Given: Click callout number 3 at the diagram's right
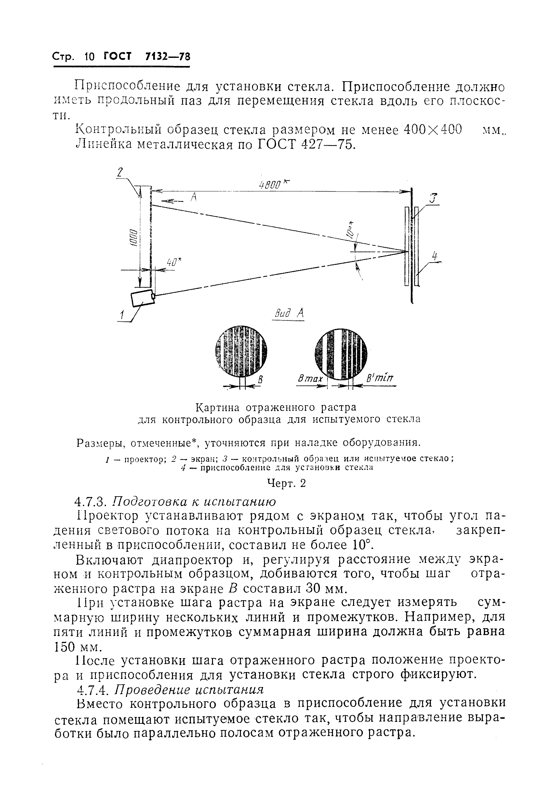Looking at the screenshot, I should tap(433, 199).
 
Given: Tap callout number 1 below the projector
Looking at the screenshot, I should tap(122, 315).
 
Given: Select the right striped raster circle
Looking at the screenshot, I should tap(341, 354).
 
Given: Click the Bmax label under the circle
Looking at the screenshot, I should tap(310, 379).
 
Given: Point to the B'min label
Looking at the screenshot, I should tap(380, 378).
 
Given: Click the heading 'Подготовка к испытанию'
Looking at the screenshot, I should tap(193, 501).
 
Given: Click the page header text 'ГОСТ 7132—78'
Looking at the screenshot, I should tap(147, 57).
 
